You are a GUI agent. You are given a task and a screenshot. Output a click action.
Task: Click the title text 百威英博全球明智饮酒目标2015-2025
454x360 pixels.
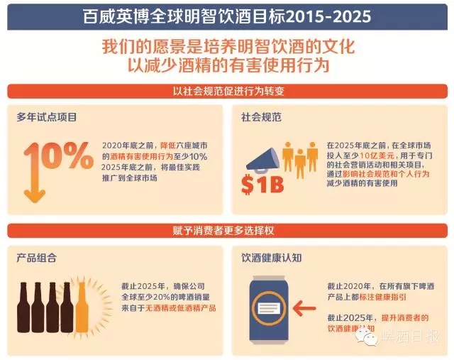(x=226, y=14)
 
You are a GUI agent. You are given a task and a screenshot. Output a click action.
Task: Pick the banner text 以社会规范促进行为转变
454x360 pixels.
(x=227, y=92)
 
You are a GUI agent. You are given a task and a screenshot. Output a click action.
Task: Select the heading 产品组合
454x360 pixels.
(x=36, y=257)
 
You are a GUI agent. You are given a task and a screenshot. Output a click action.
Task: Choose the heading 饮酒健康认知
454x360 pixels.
(x=270, y=257)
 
